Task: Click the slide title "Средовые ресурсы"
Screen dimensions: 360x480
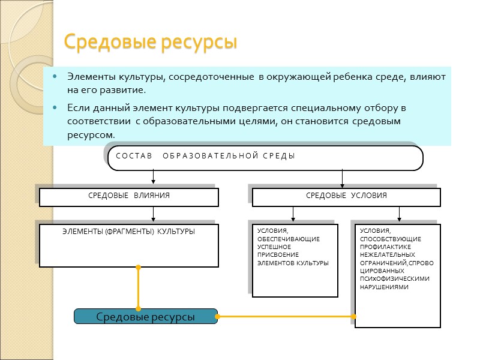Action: pyautogui.click(x=151, y=43)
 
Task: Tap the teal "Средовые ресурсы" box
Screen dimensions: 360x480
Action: pyautogui.click(x=146, y=316)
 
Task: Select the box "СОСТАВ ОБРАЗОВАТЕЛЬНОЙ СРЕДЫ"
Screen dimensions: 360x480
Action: pyautogui.click(x=265, y=158)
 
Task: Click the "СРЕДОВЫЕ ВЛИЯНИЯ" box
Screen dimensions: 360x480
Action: pyautogui.click(x=129, y=197)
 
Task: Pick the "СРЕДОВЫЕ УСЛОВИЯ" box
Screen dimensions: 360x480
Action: pyautogui.click(x=346, y=197)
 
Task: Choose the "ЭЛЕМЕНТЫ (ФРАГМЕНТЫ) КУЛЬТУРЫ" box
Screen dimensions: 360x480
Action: pyautogui.click(x=129, y=245)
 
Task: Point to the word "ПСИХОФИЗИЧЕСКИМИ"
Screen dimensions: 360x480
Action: pyautogui.click(x=395, y=278)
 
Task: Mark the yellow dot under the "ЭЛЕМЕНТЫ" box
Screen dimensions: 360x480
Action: pyautogui.click(x=139, y=267)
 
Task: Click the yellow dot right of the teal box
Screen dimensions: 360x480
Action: pyautogui.click(x=217, y=316)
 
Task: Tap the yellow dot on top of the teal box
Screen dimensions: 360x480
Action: pyautogui.click(x=139, y=309)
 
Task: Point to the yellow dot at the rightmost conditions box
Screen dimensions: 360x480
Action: pyautogui.click(x=355, y=316)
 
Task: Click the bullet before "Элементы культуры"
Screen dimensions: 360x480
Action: pyautogui.click(x=55, y=77)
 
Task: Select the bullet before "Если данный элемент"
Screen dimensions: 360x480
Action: pyautogui.click(x=55, y=109)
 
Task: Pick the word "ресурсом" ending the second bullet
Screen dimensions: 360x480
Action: pyautogui.click(x=91, y=136)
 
